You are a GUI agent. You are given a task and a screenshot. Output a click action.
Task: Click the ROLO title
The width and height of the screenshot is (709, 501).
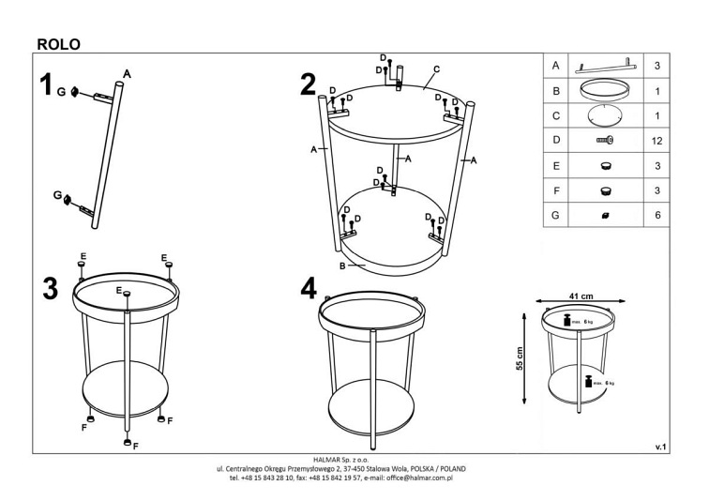tap(59, 44)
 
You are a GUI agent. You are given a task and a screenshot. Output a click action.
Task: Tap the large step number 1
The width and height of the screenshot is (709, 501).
tap(46, 84)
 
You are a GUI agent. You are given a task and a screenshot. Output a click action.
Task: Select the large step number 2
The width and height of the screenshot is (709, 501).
tap(308, 84)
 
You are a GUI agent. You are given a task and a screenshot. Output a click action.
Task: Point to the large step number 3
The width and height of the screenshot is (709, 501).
tap(51, 288)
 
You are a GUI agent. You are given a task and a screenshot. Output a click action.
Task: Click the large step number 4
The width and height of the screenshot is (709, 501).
tap(309, 288)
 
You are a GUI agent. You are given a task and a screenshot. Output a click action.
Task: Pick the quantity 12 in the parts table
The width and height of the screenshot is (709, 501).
tap(656, 141)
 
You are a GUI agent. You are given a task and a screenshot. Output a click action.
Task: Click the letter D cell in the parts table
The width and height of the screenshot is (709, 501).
tap(556, 140)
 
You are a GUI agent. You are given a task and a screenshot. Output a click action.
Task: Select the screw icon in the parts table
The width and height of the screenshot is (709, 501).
tap(605, 141)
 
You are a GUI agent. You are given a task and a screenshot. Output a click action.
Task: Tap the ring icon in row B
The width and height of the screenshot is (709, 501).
tap(605, 90)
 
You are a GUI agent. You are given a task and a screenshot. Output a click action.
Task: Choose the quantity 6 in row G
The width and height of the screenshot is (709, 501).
tap(657, 215)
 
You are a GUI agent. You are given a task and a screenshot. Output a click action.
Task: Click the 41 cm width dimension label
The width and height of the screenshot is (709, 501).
tap(581, 296)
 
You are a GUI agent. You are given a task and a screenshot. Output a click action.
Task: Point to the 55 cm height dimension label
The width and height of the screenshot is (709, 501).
tap(520, 358)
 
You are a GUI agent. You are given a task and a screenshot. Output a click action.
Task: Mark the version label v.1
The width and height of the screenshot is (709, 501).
tap(660, 448)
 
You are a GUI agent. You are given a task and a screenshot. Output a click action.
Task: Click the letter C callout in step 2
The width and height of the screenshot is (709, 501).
tap(436, 69)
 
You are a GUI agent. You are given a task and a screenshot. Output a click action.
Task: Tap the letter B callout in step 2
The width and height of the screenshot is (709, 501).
tap(342, 266)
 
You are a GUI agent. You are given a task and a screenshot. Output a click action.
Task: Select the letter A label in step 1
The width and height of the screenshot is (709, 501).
tap(127, 74)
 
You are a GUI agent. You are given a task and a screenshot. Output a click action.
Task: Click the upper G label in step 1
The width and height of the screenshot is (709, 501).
tap(61, 92)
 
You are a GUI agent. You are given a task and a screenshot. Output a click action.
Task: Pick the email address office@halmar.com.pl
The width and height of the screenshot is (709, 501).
tap(419, 478)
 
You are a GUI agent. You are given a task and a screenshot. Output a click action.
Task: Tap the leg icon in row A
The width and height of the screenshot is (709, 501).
tap(605, 66)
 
